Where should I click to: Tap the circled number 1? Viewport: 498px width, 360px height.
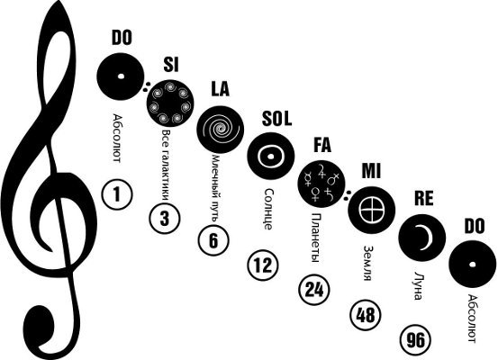point(117,194)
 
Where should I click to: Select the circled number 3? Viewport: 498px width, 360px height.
point(165,219)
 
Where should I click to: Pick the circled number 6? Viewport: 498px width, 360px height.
point(213,240)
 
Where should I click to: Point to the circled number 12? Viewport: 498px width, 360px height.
point(263,265)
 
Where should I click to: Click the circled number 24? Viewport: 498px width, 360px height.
point(314,290)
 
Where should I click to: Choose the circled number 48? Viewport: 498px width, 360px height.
point(366,315)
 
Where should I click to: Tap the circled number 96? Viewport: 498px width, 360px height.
point(415,339)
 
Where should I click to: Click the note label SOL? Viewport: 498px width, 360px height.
point(276,119)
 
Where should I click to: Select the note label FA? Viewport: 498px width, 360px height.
point(322,145)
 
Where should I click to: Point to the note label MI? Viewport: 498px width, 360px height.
point(371,171)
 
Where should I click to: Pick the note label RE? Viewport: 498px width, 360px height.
point(423,198)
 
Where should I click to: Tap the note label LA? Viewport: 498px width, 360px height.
point(220,88)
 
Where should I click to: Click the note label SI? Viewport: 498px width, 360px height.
point(171,65)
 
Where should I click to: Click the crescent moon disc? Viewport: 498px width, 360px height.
point(422,238)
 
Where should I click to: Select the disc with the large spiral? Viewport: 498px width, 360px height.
point(220,130)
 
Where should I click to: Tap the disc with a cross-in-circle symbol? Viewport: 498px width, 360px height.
point(372,211)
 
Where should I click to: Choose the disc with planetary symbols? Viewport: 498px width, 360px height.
point(321,184)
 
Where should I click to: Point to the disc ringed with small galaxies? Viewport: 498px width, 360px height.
point(170,103)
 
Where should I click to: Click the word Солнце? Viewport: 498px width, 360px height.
point(268,209)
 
